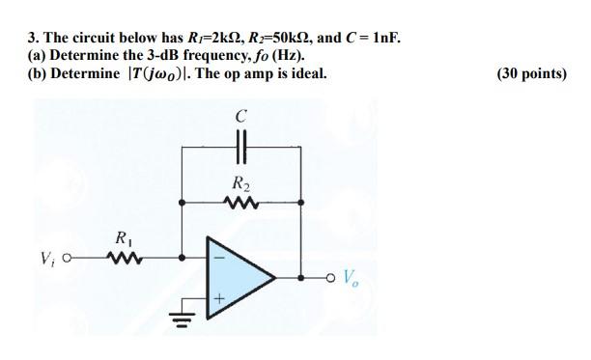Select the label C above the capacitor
pos(240,117)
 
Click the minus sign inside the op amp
pos(217,257)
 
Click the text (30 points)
pos(528,72)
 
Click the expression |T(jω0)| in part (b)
pos(164,72)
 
